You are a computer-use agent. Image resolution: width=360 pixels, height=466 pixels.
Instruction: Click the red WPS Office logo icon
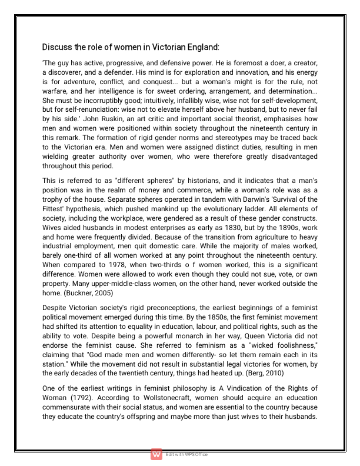coord(156,454)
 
